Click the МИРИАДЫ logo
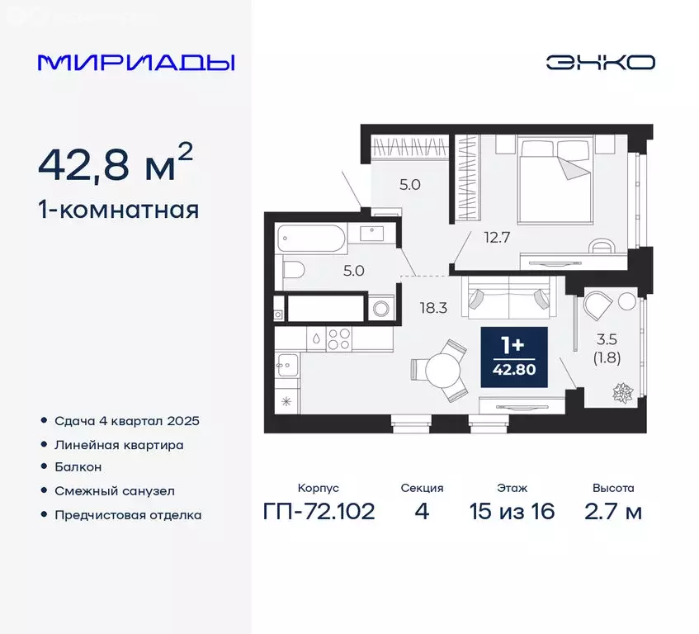pos(136,63)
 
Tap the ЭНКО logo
pos(600,63)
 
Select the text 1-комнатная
pos(119,210)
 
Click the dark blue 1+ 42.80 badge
pos(514,355)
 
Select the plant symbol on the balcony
pos(620,392)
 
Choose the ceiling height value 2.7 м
pos(612,511)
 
